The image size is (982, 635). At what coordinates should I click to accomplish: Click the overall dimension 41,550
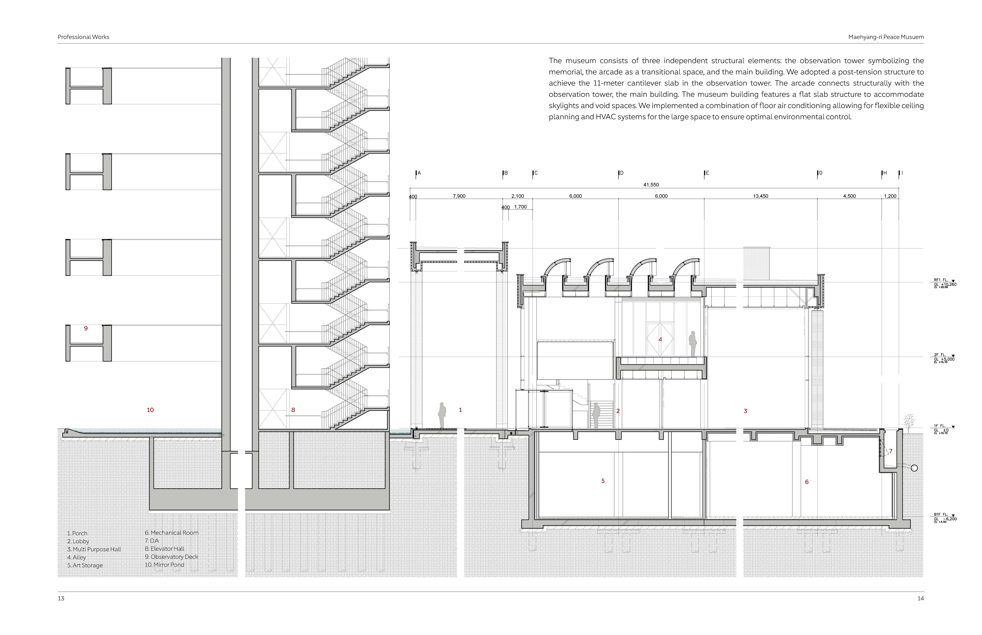click(651, 185)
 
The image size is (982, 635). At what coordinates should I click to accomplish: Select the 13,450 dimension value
click(760, 196)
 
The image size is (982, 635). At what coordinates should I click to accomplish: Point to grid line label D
click(621, 173)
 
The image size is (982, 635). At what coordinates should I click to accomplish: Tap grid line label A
click(419, 173)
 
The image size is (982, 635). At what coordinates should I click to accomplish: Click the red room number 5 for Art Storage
click(603, 481)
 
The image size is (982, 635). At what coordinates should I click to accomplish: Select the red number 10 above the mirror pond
click(150, 410)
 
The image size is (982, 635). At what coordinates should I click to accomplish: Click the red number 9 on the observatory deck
click(86, 328)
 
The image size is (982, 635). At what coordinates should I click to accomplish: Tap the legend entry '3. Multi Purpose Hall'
click(94, 549)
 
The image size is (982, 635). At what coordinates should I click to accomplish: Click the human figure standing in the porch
click(442, 416)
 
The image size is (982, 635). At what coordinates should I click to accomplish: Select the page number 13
click(61, 598)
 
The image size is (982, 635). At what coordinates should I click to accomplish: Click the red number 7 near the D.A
click(890, 451)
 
